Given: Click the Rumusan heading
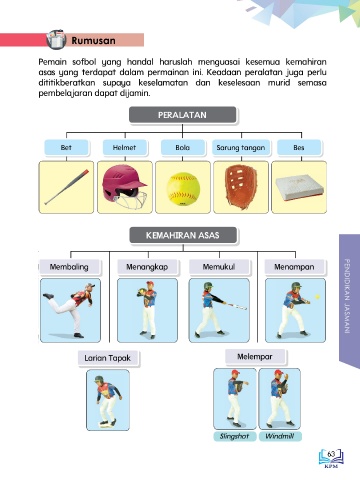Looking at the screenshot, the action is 93,41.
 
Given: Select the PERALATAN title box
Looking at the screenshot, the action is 183,115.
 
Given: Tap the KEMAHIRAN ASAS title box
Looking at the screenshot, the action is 183,235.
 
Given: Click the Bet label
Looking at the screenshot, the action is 66,147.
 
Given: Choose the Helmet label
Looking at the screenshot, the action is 124,147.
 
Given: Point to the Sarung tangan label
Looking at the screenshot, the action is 241,147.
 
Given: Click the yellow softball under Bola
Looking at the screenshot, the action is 183,189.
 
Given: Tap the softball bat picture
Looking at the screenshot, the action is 67,187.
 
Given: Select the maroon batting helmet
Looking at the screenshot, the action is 124,187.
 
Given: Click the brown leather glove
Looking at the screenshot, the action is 241,188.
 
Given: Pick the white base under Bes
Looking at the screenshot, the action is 299,188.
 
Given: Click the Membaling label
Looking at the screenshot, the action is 69,267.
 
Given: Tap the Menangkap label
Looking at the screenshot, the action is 147,267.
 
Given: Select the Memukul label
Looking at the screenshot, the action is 219,267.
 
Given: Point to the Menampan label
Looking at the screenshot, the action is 294,267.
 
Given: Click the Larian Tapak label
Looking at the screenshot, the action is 108,358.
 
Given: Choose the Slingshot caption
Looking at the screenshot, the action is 235,436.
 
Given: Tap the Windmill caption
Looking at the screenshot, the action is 280,436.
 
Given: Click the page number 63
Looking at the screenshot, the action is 331,454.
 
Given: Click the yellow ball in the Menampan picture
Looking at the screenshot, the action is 318,296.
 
